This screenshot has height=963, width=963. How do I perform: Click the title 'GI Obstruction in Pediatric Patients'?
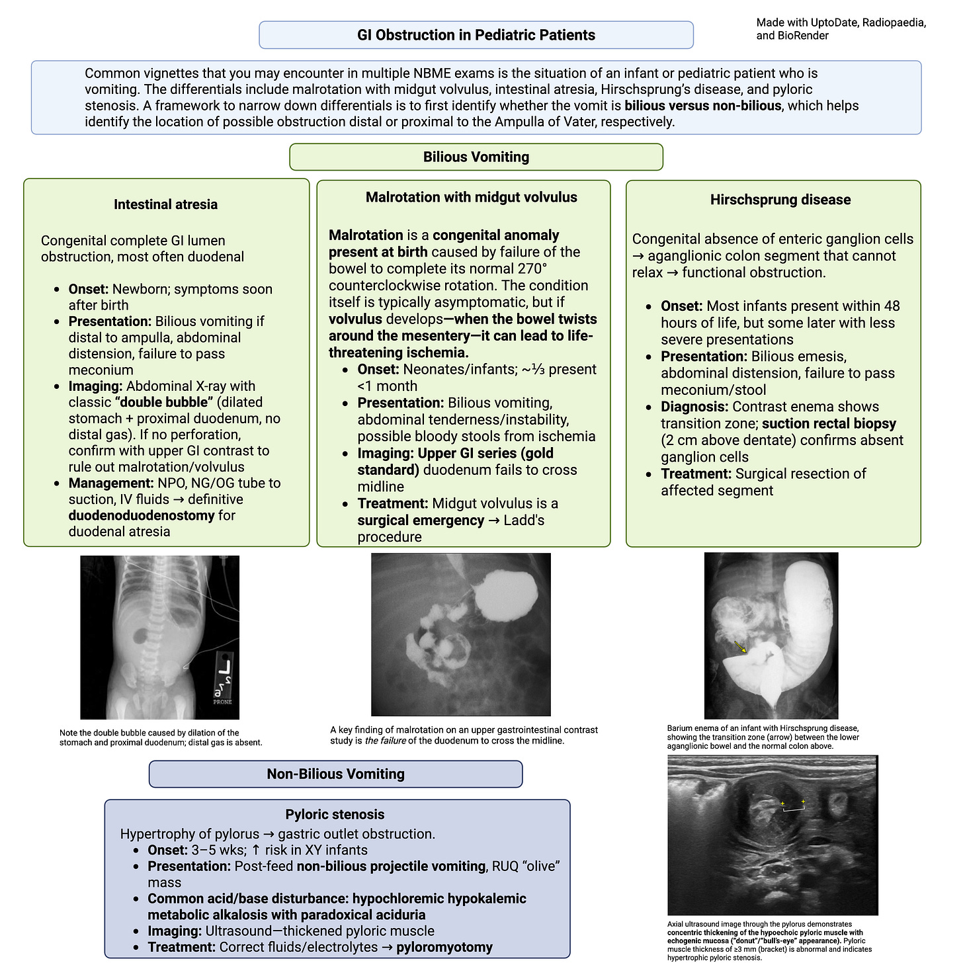point(476,35)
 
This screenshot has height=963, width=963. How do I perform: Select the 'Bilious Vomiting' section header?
point(476,157)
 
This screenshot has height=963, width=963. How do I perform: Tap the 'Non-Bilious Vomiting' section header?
point(335,774)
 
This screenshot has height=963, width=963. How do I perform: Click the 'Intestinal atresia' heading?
point(165,204)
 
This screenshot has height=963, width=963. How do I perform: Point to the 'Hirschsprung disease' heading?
point(780,200)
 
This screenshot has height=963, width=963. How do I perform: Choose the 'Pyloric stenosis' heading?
point(335,814)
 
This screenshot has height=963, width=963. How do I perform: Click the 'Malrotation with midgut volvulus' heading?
point(471,197)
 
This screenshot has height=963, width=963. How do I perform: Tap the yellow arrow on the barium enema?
point(739,646)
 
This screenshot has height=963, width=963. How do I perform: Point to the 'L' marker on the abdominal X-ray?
point(225,668)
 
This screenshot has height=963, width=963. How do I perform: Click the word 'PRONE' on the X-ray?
point(222,702)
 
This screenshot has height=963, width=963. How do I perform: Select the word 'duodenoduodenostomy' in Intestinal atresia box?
point(142,515)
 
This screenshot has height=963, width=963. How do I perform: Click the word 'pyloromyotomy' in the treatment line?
point(444,947)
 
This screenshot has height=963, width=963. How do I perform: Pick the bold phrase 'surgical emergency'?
point(421,520)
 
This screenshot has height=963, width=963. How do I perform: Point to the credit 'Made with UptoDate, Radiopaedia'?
point(841,22)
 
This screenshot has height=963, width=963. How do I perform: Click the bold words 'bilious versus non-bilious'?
point(702,106)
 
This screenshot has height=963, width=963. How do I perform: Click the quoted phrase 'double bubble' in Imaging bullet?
point(163,402)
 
